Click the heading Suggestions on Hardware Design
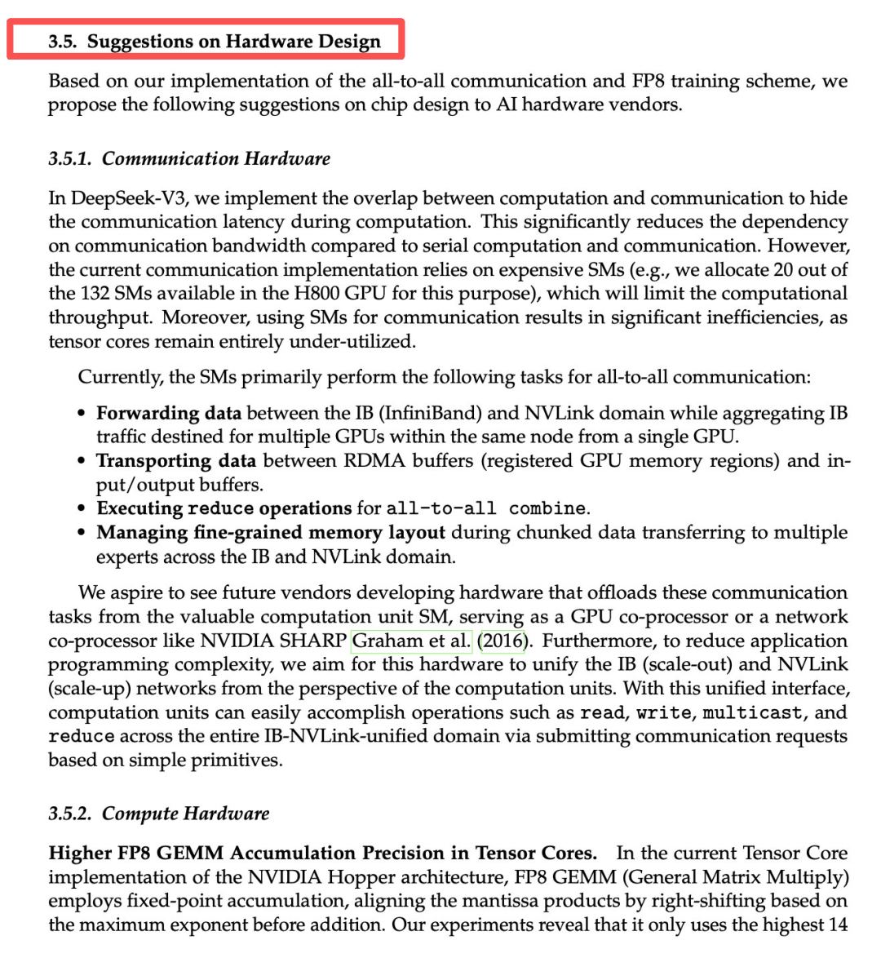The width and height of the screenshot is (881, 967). (233, 42)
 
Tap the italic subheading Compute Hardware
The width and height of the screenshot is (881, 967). (185, 814)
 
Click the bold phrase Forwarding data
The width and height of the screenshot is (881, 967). (169, 413)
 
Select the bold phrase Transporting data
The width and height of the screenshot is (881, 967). (176, 461)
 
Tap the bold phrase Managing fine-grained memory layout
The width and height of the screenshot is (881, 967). (271, 533)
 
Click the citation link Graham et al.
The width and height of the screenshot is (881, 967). (411, 641)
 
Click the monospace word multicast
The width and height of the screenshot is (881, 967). (752, 713)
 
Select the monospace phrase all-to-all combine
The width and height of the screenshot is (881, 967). (485, 509)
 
